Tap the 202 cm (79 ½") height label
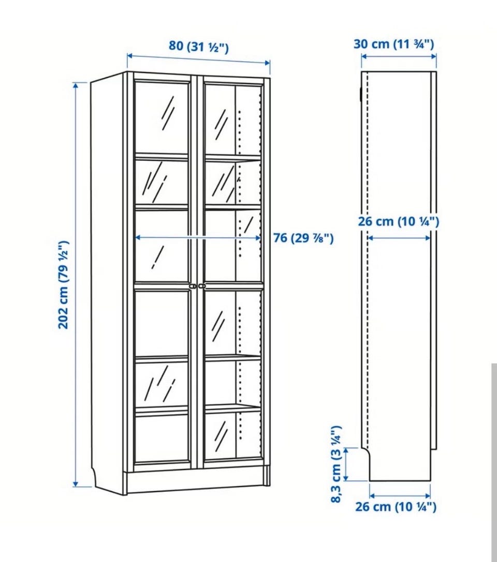[x=64, y=284]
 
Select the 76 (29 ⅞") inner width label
[x=303, y=238]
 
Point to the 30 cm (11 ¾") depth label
[x=393, y=44]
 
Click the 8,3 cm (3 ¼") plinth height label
[x=336, y=464]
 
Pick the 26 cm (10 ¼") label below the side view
[x=396, y=507]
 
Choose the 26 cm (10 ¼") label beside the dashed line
[x=398, y=221]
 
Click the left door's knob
[x=193, y=286]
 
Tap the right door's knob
[x=202, y=286]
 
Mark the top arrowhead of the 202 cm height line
[x=76, y=85]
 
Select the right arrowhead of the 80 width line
[x=267, y=63]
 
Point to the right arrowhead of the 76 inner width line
[x=258, y=238]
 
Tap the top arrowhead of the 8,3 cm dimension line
[x=346, y=450]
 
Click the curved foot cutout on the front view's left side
[x=94, y=477]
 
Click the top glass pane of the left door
[x=162, y=118]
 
